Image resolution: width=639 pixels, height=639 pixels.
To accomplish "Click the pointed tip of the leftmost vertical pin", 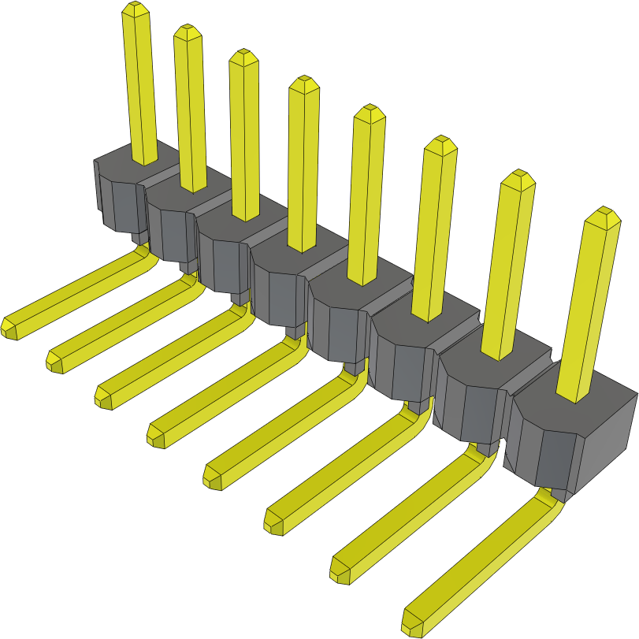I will pyautogui.click(x=135, y=8).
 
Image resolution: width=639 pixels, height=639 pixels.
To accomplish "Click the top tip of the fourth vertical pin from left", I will pyautogui.click(x=304, y=83).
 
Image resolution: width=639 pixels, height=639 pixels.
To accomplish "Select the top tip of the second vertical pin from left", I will pyautogui.click(x=188, y=31).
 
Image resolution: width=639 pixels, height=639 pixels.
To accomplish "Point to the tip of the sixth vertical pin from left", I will pyautogui.click(x=440, y=143).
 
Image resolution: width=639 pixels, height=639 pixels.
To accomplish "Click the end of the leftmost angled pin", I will pyautogui.click(x=10, y=328).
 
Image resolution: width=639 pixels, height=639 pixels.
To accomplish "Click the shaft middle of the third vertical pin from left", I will pyautogui.click(x=244, y=134).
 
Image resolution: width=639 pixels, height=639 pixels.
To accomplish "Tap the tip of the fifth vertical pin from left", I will pyautogui.click(x=370, y=112).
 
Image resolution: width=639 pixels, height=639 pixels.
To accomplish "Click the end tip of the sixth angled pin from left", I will pyautogui.click(x=273, y=523).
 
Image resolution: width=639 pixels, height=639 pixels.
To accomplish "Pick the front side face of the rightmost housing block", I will pyautogui.click(x=544, y=449).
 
